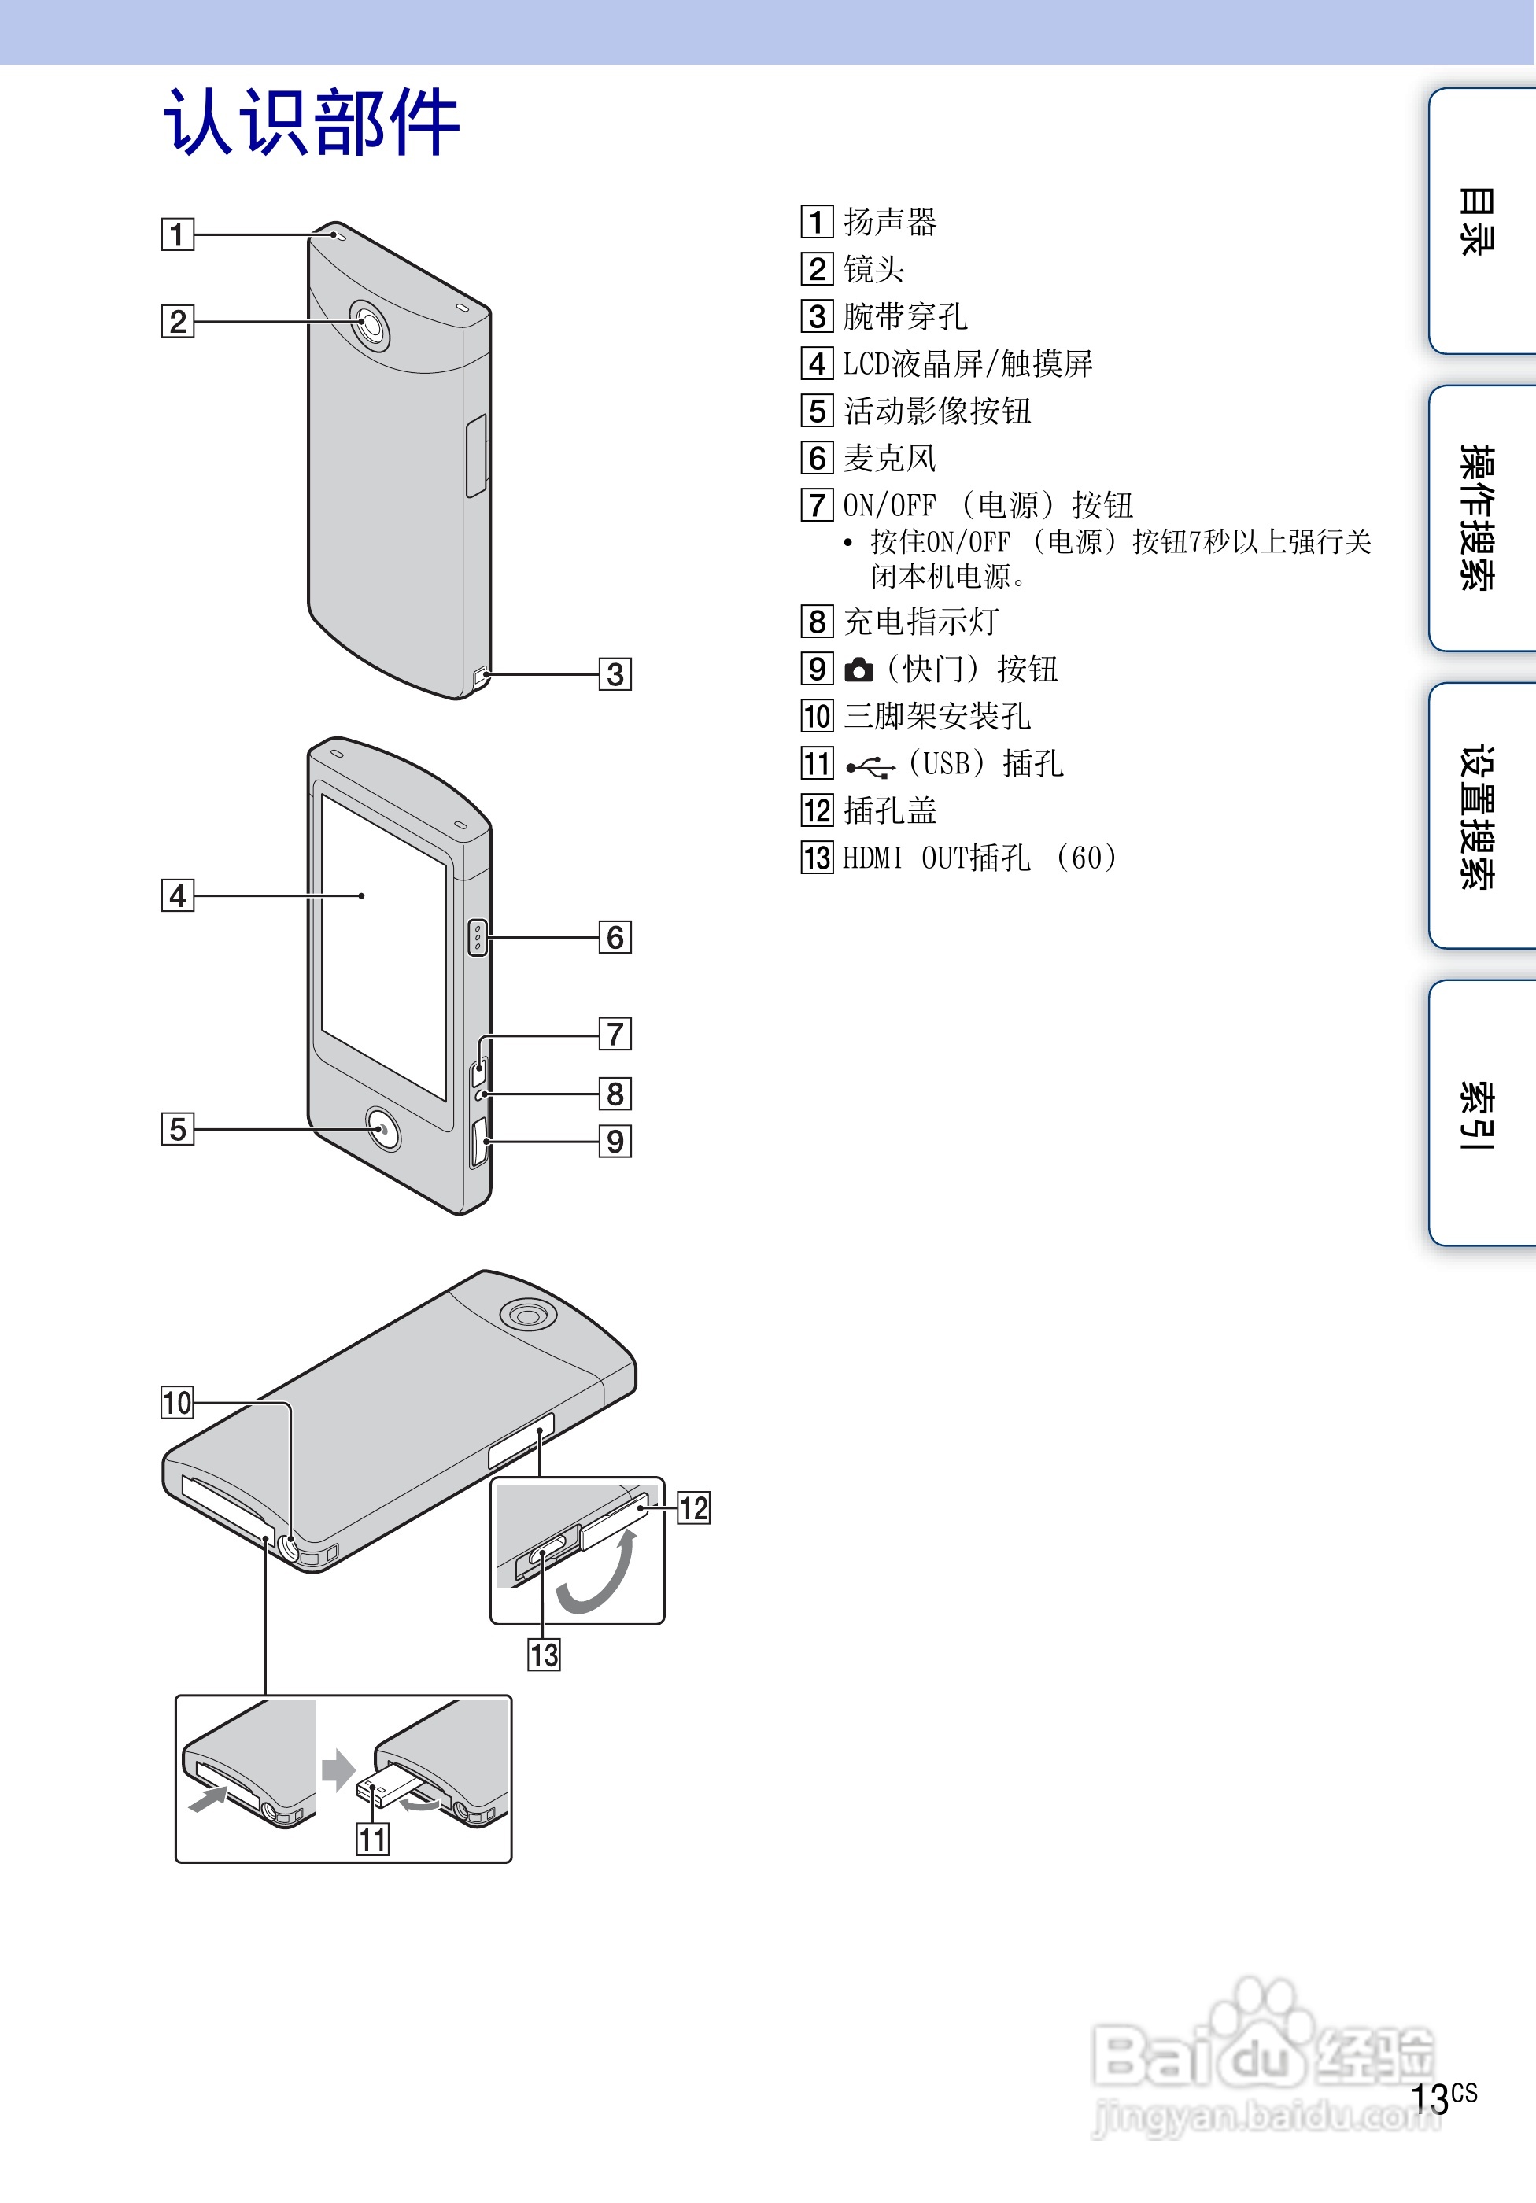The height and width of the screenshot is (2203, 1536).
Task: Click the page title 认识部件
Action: (x=312, y=122)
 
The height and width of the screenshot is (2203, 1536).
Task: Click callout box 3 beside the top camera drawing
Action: (x=615, y=674)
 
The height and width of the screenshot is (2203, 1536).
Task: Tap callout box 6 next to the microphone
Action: (x=615, y=937)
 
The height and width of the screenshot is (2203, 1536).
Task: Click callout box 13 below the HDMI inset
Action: (x=544, y=1655)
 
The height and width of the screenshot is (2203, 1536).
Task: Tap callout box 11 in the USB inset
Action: (x=372, y=1840)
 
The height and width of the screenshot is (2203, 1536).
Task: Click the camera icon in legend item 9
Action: (x=858, y=670)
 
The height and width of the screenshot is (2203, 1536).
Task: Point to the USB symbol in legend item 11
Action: (x=870, y=766)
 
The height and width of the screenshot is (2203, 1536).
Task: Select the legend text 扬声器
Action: (x=889, y=223)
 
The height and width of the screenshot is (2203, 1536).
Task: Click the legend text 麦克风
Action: (x=889, y=459)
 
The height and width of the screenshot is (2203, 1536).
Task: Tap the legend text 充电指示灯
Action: (x=921, y=622)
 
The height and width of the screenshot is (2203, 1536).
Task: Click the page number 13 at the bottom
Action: (x=1431, y=2098)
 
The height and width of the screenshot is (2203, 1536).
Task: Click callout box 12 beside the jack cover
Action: (x=694, y=1508)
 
